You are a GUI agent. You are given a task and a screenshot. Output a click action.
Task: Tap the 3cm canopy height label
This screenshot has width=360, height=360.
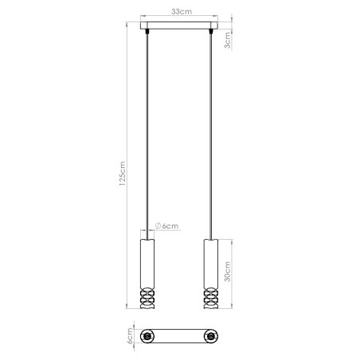(228, 38)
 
